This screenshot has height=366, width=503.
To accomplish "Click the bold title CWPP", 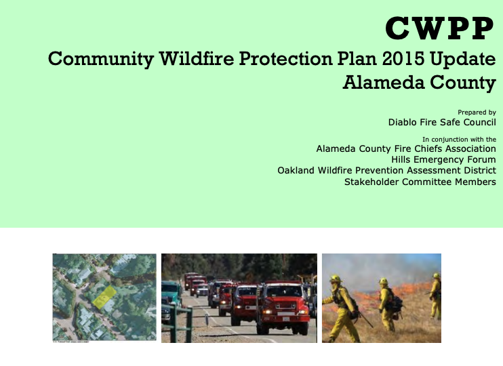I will [x=440, y=28].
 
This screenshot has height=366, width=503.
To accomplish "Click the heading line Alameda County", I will [x=419, y=83].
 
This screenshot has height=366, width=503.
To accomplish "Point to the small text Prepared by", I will [x=477, y=113].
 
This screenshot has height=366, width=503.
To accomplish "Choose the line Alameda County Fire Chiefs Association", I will [x=405, y=148].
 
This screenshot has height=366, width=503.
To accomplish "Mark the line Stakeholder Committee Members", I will [x=420, y=182].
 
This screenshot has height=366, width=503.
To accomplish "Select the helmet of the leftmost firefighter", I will [x=335, y=279].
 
